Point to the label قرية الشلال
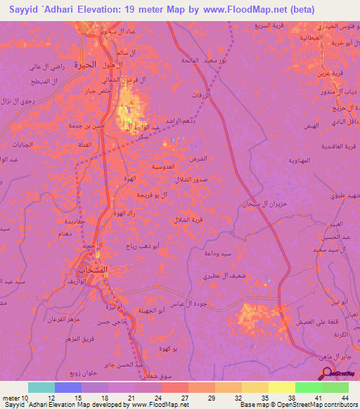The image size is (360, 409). pyautogui.click(x=188, y=220)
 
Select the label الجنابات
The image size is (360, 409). pyautogui.click(x=15, y=144)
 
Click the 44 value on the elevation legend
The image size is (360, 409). pyautogui.click(x=345, y=397)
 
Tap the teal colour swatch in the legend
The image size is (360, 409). pyautogui.click(x=41, y=387)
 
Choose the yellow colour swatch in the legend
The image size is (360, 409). pyautogui.click(x=281, y=387)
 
